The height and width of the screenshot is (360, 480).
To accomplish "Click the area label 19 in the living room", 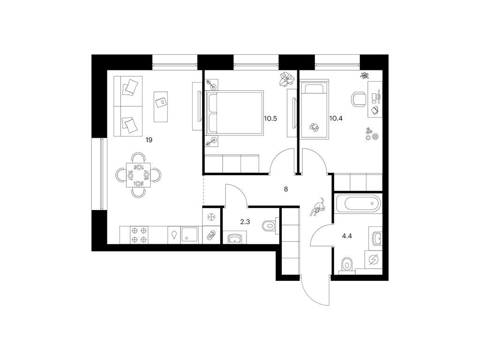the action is tap(149, 140).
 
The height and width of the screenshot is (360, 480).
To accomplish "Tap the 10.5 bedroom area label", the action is tap(270, 119).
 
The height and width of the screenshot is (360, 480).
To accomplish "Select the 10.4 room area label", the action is tap(336, 119).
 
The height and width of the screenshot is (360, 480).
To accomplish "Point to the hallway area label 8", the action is tap(286, 189).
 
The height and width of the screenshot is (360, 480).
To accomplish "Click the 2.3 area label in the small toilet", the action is tap(245, 222).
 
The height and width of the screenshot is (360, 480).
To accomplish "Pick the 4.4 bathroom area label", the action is tap(347, 236).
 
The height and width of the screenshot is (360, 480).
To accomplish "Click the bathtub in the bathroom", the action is tap(358, 203).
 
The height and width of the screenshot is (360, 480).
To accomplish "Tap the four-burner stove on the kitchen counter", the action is tap(139, 235).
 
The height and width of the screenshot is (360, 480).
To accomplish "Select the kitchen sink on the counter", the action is tap(190, 235).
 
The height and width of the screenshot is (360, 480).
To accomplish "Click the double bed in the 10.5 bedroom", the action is tap(234, 112).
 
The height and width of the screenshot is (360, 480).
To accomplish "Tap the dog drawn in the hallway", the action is tap(318, 207).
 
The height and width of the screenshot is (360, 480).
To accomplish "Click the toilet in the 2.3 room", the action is tap(270, 226).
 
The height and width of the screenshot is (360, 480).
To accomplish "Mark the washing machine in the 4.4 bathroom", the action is tap(374, 260).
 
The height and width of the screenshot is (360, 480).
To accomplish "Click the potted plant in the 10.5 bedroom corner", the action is tap(286, 79).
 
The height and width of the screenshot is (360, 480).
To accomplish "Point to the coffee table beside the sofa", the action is tap(161, 106).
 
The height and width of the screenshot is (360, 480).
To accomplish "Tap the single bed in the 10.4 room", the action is tap(315, 109).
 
